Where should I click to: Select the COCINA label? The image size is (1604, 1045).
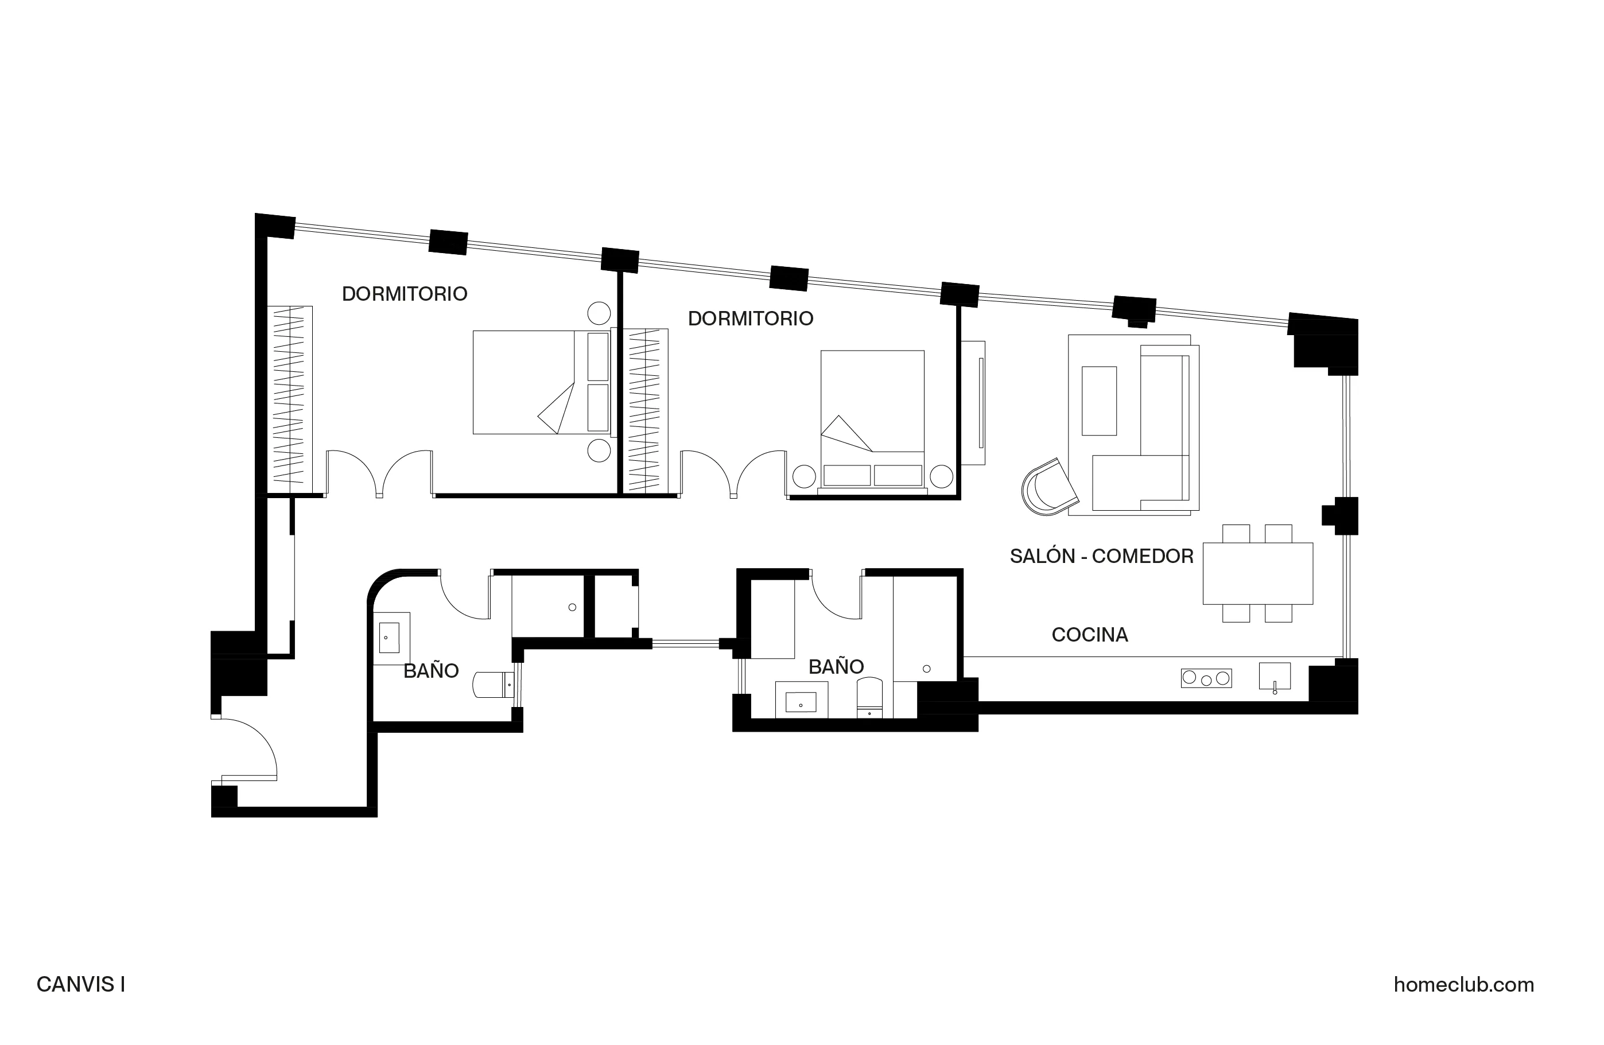coord(1089,635)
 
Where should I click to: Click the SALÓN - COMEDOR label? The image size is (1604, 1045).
coord(1101,557)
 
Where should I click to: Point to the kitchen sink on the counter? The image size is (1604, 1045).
coord(1275,677)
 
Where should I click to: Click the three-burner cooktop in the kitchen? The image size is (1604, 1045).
coord(1206,678)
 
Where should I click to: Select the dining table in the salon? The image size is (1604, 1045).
coord(1257,573)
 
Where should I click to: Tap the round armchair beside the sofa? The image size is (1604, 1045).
coord(1048,487)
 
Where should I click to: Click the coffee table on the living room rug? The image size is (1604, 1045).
coord(1098,401)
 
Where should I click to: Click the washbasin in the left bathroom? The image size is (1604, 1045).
coord(390,638)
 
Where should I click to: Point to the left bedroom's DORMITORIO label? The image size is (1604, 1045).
coord(405,294)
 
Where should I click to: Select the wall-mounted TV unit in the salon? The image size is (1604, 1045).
coord(973,403)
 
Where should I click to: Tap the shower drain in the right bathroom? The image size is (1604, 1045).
coord(927,669)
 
